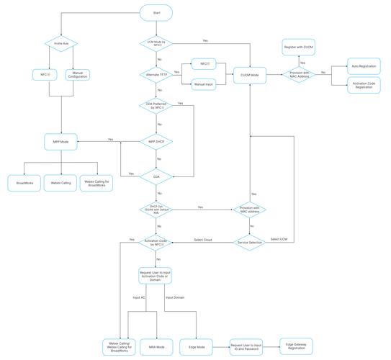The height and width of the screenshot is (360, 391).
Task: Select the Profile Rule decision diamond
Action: tap(60, 43)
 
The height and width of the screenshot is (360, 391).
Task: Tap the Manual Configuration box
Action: tap(80, 73)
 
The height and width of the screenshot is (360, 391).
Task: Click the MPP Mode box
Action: tap(60, 141)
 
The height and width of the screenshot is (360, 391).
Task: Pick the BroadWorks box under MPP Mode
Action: tap(24, 183)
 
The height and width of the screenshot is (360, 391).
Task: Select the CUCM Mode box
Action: tap(250, 73)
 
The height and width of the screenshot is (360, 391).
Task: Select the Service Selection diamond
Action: tap(250, 243)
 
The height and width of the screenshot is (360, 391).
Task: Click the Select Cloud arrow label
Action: tap(203, 239)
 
